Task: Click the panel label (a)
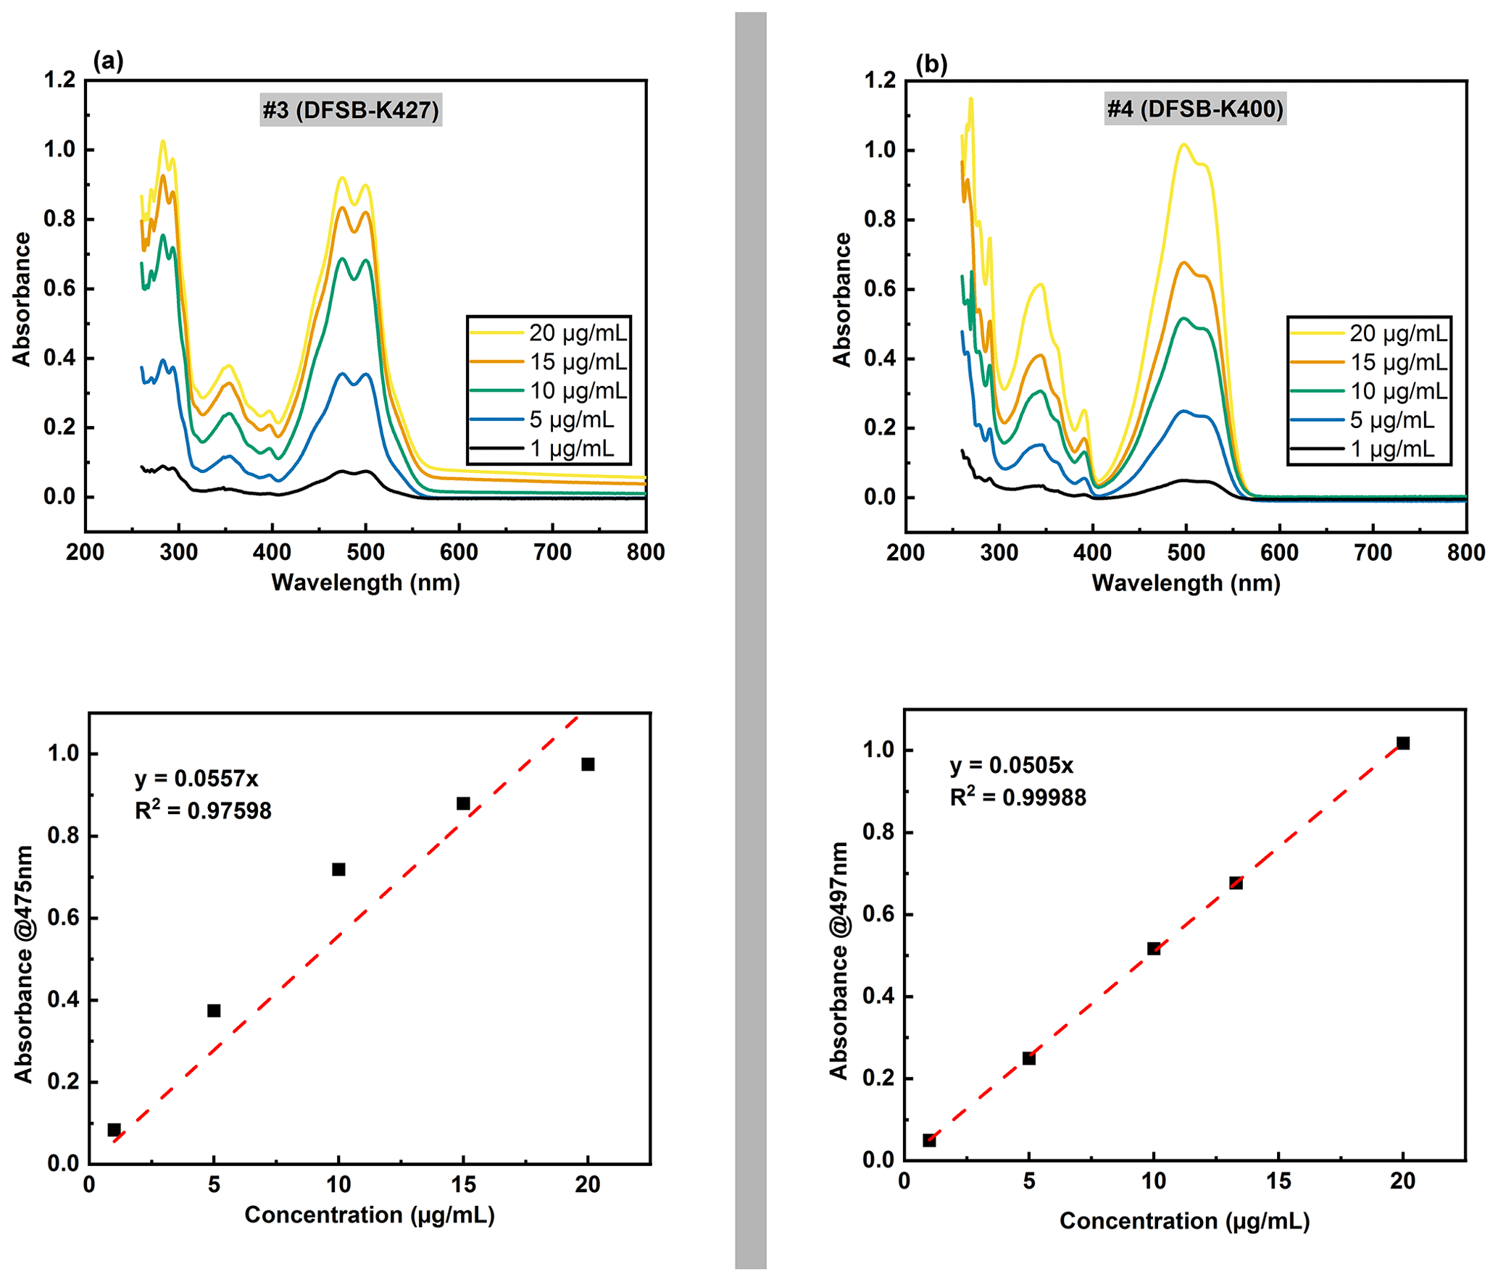click(x=108, y=61)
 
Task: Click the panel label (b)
click(x=931, y=64)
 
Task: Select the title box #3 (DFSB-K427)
click(x=351, y=110)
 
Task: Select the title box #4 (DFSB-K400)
click(x=1194, y=109)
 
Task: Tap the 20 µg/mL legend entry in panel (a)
click(x=549, y=333)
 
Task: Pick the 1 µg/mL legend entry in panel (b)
click(x=1368, y=449)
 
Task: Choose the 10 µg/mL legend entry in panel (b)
click(x=1368, y=391)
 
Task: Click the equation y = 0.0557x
click(x=196, y=779)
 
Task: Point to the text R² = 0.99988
click(x=1018, y=797)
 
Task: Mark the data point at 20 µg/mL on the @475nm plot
click(x=588, y=764)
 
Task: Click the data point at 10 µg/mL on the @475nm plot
click(x=338, y=869)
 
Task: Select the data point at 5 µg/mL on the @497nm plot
click(x=1028, y=1058)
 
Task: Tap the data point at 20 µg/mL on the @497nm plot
click(x=1402, y=743)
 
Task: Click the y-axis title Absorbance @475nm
click(x=24, y=963)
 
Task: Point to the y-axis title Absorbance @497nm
click(x=839, y=960)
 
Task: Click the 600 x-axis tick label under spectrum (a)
click(x=459, y=553)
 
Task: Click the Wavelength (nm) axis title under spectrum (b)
click(x=1186, y=583)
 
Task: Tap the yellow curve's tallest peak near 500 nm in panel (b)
click(x=1183, y=144)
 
